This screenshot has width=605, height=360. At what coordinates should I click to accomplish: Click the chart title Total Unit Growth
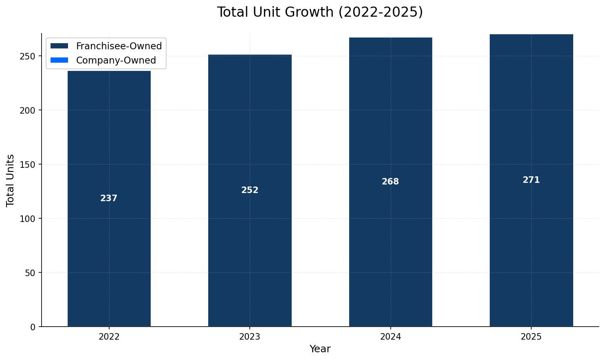[x=320, y=12]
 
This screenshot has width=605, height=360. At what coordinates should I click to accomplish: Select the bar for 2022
[x=109, y=244]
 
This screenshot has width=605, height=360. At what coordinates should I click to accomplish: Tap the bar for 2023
[x=250, y=244]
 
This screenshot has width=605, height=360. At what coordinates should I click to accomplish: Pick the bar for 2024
[x=391, y=244]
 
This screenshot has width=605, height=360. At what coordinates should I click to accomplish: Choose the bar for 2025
[x=531, y=244]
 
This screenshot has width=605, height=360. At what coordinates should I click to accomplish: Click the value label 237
[x=109, y=198]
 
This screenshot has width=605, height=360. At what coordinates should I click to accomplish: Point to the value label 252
[x=250, y=190]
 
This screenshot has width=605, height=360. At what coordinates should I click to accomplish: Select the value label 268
[x=390, y=182]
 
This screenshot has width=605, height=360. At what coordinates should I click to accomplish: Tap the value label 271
[x=531, y=180]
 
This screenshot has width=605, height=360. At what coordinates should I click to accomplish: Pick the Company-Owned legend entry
[x=116, y=60]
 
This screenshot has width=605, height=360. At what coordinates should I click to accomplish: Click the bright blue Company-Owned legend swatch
[x=59, y=60]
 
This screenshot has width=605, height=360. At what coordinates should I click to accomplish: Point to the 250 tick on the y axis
[x=29, y=56]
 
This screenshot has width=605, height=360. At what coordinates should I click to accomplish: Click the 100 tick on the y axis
[x=29, y=219]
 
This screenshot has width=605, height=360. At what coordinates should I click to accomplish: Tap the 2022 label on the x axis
[x=109, y=337]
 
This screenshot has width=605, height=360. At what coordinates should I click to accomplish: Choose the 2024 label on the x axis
[x=391, y=337]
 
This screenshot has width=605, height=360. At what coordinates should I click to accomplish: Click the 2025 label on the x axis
[x=531, y=337]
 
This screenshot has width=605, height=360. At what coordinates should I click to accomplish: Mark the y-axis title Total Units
[x=11, y=180]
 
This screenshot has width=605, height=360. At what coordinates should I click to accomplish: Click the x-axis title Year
[x=320, y=349]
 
